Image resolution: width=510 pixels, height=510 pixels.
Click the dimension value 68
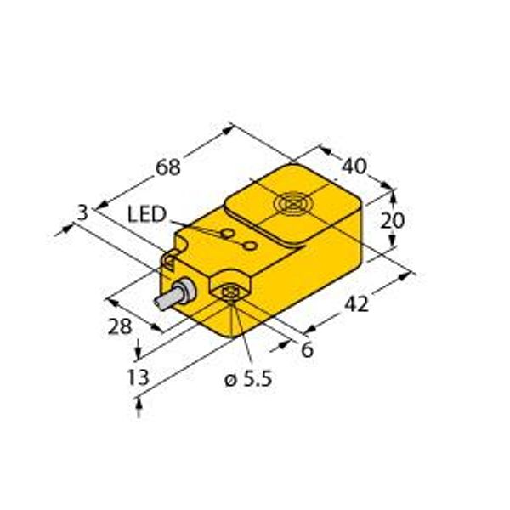tap(167, 167)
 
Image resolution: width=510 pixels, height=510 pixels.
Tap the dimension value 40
tap(354, 167)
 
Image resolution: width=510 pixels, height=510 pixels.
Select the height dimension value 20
tap(392, 220)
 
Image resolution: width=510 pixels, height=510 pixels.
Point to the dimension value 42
tap(356, 304)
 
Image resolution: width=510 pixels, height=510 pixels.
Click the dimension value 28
tap(120, 326)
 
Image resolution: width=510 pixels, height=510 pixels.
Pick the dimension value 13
tap(138, 377)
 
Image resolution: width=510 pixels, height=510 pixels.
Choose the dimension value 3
tap(83, 213)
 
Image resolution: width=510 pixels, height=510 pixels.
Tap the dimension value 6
tap(307, 349)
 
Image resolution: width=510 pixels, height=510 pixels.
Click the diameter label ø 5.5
tap(248, 379)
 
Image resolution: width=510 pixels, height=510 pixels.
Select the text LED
tap(147, 214)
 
